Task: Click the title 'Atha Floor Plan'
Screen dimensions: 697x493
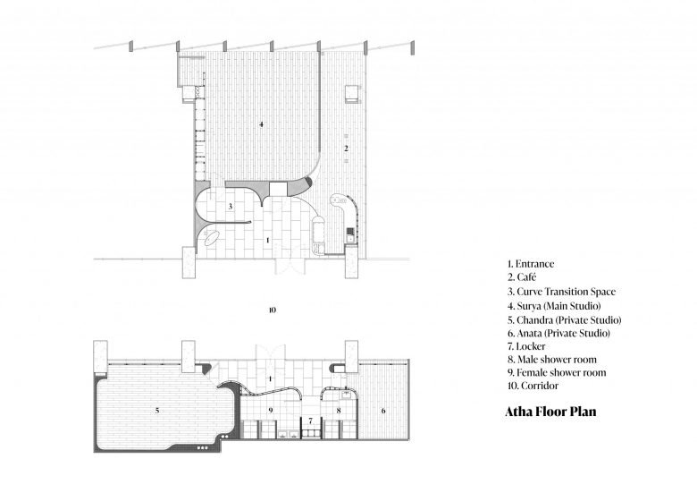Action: pos(550,412)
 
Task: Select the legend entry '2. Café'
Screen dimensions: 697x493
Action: pos(522,277)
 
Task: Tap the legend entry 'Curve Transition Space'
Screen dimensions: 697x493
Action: pos(567,292)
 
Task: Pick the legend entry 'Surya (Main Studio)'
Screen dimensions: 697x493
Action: pos(558,306)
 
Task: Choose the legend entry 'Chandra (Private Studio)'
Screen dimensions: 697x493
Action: pos(569,320)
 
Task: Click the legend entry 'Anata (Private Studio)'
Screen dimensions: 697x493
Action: pos(563,333)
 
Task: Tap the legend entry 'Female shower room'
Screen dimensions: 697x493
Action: pos(561,372)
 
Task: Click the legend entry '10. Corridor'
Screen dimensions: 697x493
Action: pos(533,386)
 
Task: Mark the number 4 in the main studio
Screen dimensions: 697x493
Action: pos(261,124)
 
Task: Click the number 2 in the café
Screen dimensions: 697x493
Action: pos(347,149)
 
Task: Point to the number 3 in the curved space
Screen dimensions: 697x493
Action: pos(231,207)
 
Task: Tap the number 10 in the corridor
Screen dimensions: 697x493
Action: pos(273,310)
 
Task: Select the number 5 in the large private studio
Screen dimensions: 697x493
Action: pos(157,411)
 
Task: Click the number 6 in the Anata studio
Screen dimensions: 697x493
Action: pos(383,411)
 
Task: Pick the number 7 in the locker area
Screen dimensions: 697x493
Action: pos(311,421)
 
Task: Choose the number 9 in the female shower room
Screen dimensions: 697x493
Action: pos(270,411)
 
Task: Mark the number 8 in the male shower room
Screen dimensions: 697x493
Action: pos(339,411)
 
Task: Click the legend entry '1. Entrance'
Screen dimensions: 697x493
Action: pos(531,264)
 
